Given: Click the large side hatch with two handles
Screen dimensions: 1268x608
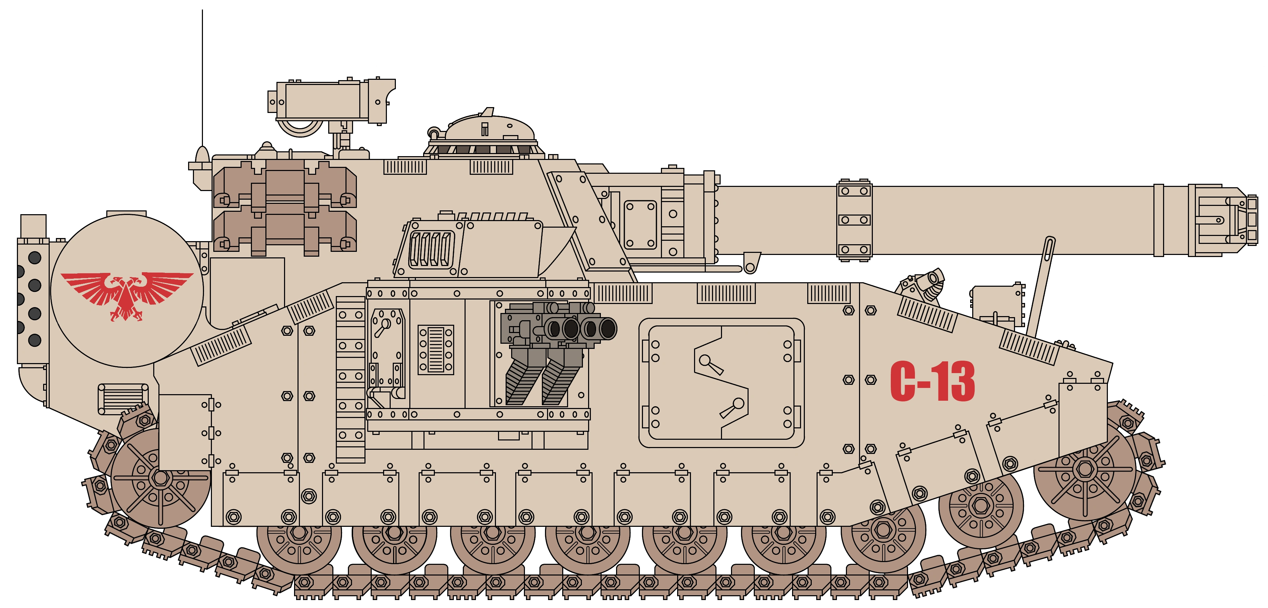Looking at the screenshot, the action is [721, 383].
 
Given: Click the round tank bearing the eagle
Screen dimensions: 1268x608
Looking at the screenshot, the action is [127, 291].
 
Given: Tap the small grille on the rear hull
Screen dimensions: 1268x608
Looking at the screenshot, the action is [123, 398].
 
